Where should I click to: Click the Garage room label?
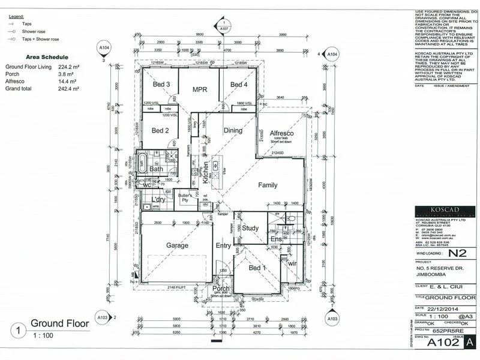178,245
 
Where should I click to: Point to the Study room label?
251,228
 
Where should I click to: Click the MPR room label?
200,89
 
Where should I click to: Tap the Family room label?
268,185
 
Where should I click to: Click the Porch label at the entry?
221,289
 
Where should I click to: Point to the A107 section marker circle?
224,28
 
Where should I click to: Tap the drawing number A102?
439,343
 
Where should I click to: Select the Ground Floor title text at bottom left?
59,323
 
